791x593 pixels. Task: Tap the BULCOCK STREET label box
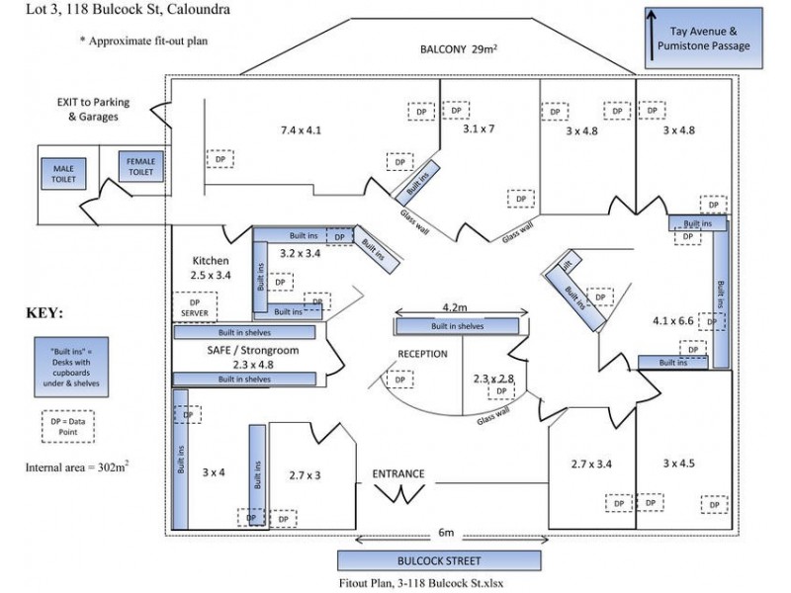pyautogui.click(x=446, y=560)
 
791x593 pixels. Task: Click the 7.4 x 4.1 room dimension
pyautogui.click(x=301, y=129)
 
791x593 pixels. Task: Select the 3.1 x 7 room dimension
pyautogui.click(x=478, y=128)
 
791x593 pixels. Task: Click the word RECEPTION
pyautogui.click(x=422, y=354)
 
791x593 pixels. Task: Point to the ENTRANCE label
pyautogui.click(x=398, y=473)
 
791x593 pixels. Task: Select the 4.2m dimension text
pyautogui.click(x=456, y=307)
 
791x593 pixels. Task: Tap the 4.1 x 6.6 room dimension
pyautogui.click(x=674, y=320)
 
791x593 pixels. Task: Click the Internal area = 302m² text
pyautogui.click(x=76, y=464)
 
